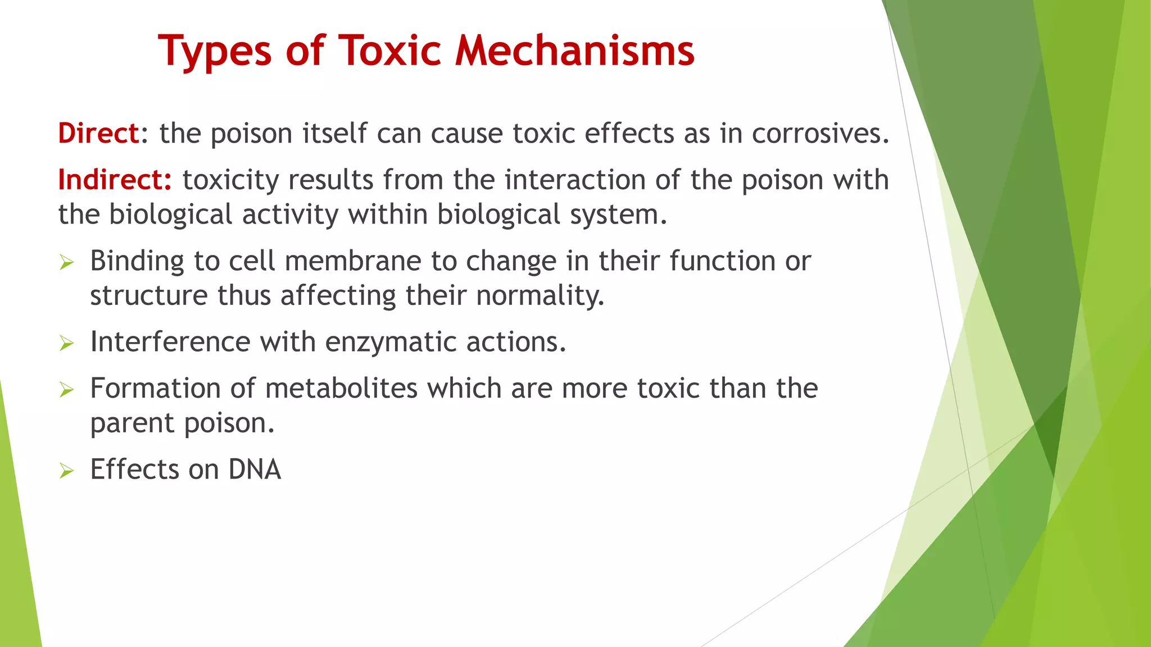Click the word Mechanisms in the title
(x=574, y=51)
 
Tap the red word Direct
(x=98, y=133)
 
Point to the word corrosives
(x=820, y=133)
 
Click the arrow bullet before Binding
(x=66, y=262)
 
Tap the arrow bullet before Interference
(x=66, y=343)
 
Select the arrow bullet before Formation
(x=66, y=389)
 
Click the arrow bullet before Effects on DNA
(x=66, y=470)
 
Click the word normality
(x=540, y=296)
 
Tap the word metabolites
(x=341, y=389)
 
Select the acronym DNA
(x=255, y=470)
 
